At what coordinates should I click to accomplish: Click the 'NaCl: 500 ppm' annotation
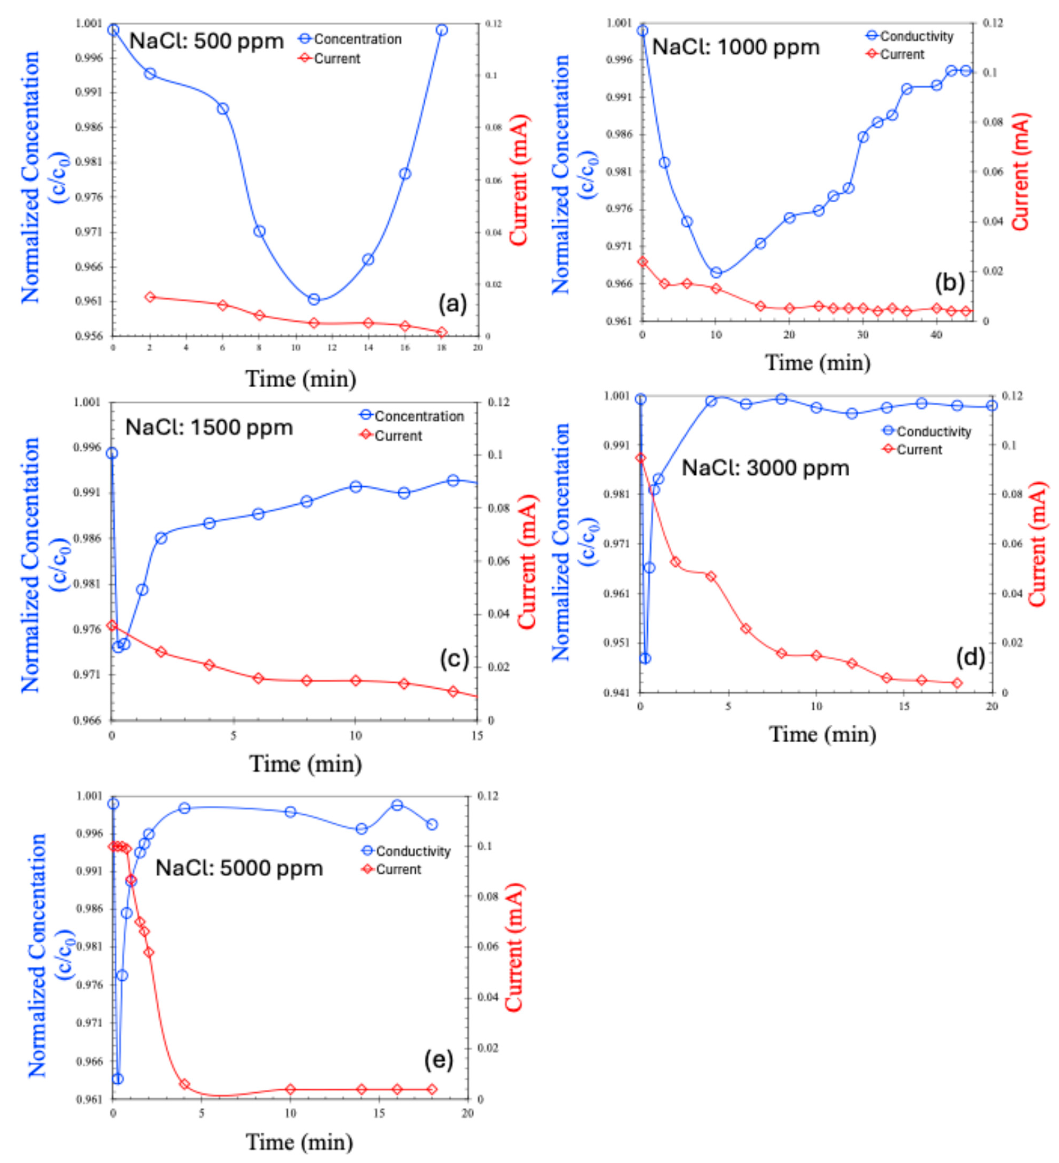tap(206, 41)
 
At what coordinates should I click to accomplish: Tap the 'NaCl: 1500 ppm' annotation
tap(209, 427)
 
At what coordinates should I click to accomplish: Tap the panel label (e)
tap(439, 1059)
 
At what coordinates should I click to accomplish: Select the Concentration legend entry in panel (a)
tap(351, 39)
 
